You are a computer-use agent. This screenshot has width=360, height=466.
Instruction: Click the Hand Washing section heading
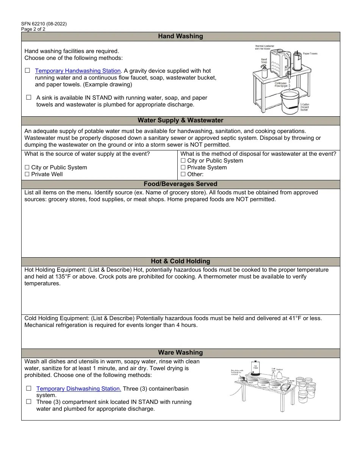pos(180,36)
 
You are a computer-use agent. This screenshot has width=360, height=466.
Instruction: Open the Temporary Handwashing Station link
pos(78,71)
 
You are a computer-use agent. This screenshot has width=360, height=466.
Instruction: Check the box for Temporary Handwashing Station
pos(27,70)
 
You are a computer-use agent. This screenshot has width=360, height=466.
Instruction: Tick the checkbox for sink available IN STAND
pos(29,97)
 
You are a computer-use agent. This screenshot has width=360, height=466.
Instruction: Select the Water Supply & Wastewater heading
pos(180,120)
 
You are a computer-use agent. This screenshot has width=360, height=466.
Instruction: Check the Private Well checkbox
pos(27,174)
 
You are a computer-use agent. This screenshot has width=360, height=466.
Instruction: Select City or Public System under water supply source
pos(27,167)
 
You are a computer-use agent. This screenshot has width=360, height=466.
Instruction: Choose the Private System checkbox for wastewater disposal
pos(183,167)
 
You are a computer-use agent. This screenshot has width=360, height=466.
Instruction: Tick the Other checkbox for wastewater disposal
pos(183,174)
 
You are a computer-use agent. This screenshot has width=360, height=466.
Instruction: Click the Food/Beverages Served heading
pos(180,185)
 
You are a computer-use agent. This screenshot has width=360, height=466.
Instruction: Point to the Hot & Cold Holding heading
pos(180,261)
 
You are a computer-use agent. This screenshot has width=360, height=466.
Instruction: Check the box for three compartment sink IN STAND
pos(29,402)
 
